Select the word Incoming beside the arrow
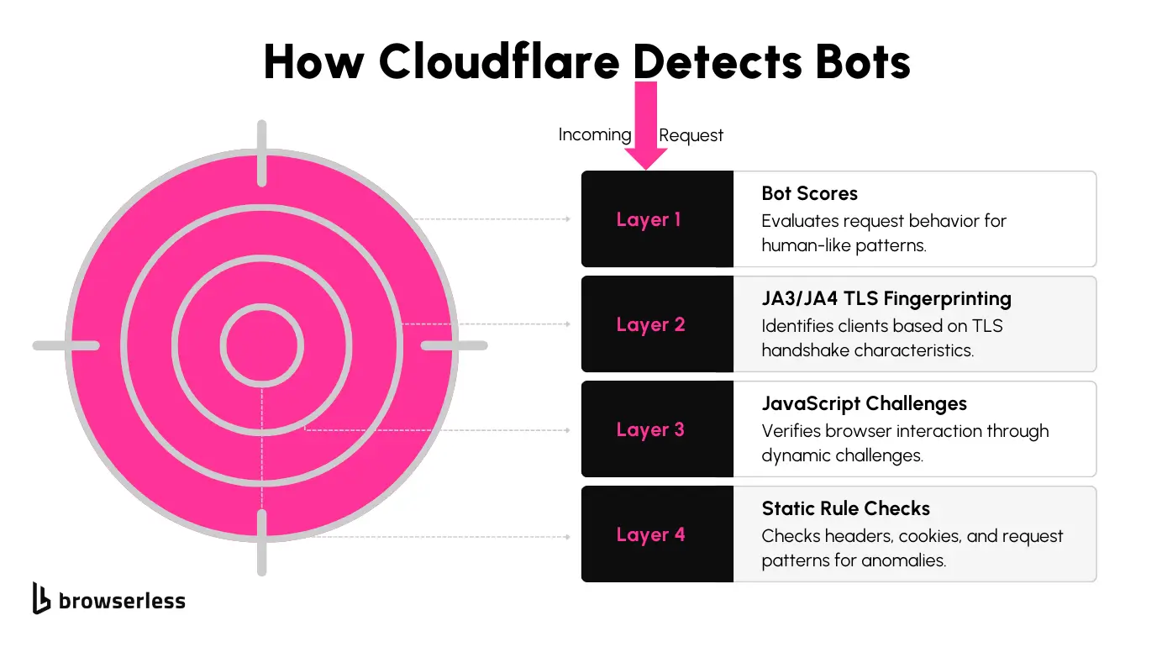(594, 134)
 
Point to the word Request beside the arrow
(691, 135)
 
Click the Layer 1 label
(649, 220)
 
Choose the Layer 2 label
(650, 325)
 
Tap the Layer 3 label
(650, 430)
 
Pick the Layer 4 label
(650, 535)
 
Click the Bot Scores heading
(809, 194)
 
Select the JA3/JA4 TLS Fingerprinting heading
(886, 299)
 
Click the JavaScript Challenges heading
(864, 404)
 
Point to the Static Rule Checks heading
(845, 509)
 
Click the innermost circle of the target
(262, 345)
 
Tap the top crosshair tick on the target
(262, 153)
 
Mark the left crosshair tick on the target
(66, 345)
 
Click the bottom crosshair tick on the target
(262, 541)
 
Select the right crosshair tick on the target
(454, 345)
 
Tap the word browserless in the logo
(122, 601)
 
